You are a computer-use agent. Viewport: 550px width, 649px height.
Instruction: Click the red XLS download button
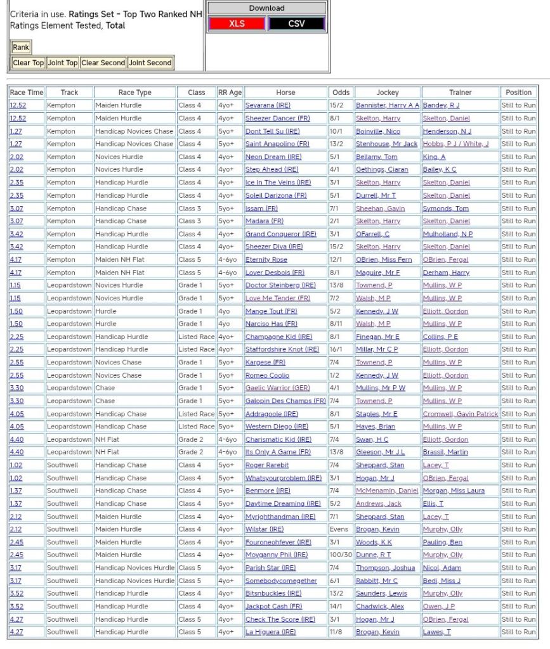click(237, 23)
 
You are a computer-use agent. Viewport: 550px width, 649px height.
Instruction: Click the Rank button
click(21, 48)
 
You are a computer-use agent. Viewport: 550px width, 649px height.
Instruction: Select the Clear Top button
click(29, 63)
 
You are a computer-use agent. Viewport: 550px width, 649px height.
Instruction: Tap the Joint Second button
click(150, 63)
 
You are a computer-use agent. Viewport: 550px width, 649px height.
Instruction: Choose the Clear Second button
click(103, 63)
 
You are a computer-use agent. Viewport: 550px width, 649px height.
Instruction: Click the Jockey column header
click(388, 93)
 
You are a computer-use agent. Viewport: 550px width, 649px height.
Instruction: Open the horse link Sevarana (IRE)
click(268, 105)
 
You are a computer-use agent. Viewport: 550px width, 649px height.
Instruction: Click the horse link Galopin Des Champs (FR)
click(285, 401)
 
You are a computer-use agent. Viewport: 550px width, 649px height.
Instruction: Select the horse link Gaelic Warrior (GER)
click(278, 388)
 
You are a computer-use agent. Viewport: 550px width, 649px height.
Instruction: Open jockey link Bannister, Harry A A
click(387, 105)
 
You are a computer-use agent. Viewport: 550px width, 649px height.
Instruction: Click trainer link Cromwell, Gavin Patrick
click(461, 414)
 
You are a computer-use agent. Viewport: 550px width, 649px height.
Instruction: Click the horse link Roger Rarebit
click(267, 465)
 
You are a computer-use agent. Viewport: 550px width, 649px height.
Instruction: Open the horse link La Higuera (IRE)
click(270, 633)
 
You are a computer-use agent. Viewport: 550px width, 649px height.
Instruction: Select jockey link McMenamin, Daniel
click(387, 491)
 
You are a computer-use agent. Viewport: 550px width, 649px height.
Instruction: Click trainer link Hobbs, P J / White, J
click(455, 144)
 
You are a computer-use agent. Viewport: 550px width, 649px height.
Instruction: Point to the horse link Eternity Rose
click(266, 260)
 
